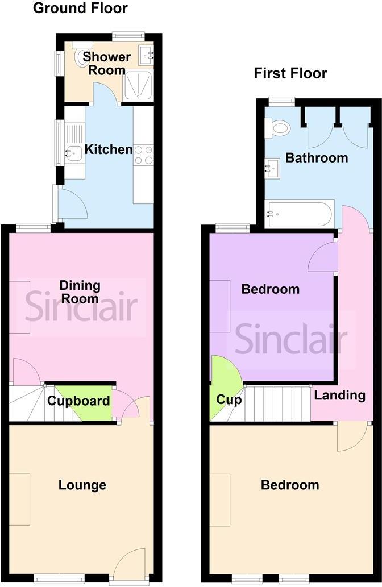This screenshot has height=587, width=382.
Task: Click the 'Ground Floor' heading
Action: pyautogui.click(x=80, y=9)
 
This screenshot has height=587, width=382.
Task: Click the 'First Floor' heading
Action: pyautogui.click(x=290, y=73)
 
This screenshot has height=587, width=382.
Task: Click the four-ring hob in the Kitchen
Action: pyautogui.click(x=143, y=155)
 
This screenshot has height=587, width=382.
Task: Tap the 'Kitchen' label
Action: pyautogui.click(x=109, y=150)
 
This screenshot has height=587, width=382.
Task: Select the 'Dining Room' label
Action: pyautogui.click(x=80, y=292)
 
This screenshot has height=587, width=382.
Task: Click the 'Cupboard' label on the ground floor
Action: pyautogui.click(x=78, y=401)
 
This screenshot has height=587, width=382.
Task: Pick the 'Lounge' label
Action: pyautogui.click(x=82, y=485)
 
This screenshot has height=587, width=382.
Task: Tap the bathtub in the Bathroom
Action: pyautogui.click(x=300, y=214)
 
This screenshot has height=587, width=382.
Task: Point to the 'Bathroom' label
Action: pyautogui.click(x=317, y=157)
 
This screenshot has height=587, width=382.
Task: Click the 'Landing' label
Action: pyautogui.click(x=340, y=395)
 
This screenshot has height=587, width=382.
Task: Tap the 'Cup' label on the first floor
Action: pyautogui.click(x=229, y=399)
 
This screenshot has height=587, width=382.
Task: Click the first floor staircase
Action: pyautogui.click(x=277, y=404)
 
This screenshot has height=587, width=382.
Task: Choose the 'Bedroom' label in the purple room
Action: pyautogui.click(x=270, y=289)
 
